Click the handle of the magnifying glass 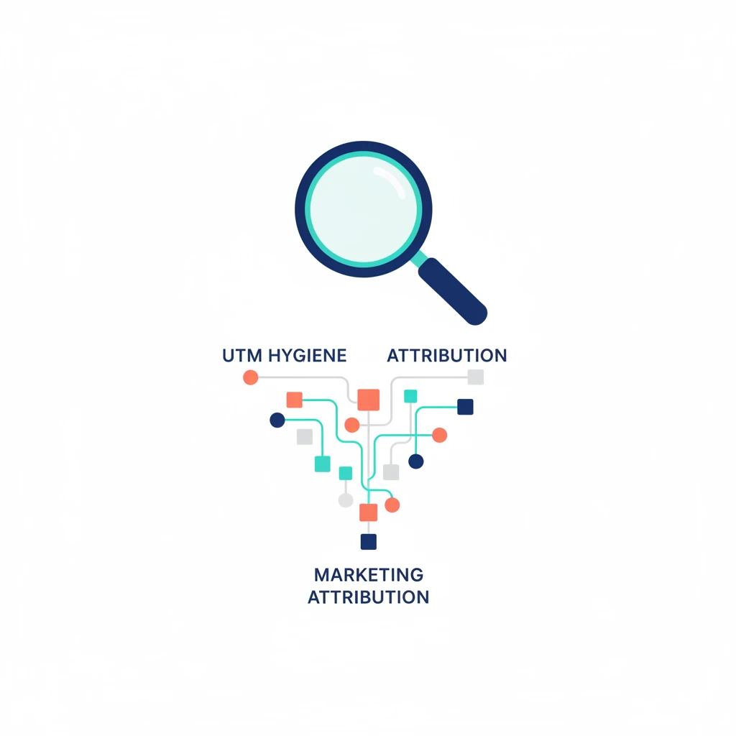pos(453,291)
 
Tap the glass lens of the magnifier pos(363,209)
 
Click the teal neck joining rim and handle pos(419,259)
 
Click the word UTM pos(242,355)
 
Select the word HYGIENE pos(308,355)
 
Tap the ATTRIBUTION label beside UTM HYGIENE pos(447,355)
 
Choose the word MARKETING pos(369,574)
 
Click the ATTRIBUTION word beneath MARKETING pos(369,597)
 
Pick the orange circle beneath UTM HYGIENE pos(251,377)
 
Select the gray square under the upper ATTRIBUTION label pos(476,377)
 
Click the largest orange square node pos(369,400)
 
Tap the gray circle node pos(346,500)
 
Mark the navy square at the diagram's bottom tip pos(369,542)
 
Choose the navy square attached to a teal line pos(465,407)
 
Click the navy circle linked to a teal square pos(277,420)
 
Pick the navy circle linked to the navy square pos(416,461)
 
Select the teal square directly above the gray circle pos(346,473)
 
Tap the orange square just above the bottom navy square pos(369,512)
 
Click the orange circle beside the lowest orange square pos(392,505)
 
